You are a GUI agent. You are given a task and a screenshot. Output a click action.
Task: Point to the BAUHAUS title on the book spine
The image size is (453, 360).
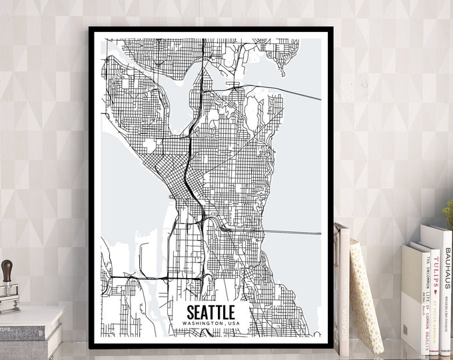pyautogui.click(x=447, y=266)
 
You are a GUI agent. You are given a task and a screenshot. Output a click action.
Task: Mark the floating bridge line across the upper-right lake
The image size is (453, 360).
pyautogui.click(x=293, y=93)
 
